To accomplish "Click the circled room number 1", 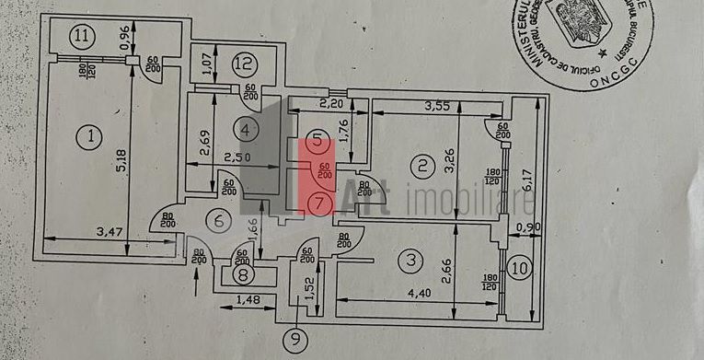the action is point(90,139).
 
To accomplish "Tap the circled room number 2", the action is point(421,167).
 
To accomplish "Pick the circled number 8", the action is point(242,274).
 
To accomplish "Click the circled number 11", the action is point(83,38).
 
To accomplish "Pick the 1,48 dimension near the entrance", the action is point(245,300).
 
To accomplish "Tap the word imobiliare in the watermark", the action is point(451,200).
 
